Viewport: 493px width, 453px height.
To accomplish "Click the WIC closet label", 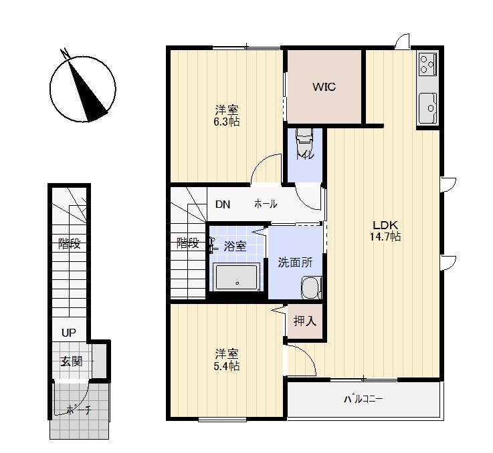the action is (x=324, y=87).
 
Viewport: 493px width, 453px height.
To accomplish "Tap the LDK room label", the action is (x=385, y=225).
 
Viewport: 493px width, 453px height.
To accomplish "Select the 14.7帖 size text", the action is (x=385, y=237).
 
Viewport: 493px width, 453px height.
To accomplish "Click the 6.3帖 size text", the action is (x=226, y=122).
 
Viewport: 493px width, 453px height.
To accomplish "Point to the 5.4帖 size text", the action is (x=226, y=366).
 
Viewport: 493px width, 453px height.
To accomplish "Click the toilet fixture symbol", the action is (x=304, y=140).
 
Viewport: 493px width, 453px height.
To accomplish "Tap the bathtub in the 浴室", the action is (x=236, y=277).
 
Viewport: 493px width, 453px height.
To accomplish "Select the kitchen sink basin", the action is (x=427, y=108).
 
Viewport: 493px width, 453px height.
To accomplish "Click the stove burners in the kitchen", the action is (x=427, y=64).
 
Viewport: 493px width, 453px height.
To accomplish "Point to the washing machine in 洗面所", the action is (x=311, y=287).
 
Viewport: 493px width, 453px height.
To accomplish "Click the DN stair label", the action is (x=223, y=204).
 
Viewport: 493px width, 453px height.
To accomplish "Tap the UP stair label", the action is (x=68, y=333).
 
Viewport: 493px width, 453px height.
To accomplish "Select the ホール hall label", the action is (x=266, y=204).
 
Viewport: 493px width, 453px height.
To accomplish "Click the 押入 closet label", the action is (x=304, y=321).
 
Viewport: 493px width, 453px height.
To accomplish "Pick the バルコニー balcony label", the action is (x=363, y=400).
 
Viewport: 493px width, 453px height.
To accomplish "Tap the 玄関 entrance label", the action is (x=72, y=361).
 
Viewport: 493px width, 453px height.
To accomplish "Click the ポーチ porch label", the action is (x=79, y=410).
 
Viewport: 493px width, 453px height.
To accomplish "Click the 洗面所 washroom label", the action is (x=295, y=263).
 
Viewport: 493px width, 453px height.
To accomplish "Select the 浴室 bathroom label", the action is (x=235, y=247).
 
